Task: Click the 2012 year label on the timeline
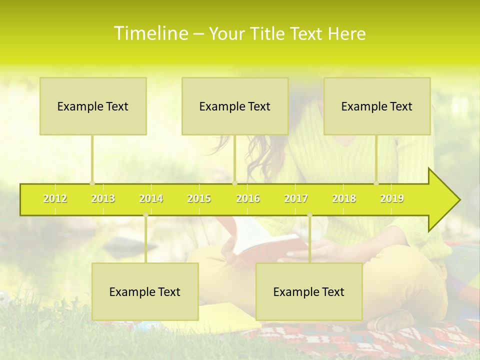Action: (55, 198)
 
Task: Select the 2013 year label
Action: (103, 198)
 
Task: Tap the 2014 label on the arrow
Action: (151, 198)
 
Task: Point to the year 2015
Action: (199, 198)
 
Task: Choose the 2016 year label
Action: (248, 198)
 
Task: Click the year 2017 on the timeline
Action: (296, 198)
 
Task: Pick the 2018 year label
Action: (344, 198)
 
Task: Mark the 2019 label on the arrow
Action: (392, 198)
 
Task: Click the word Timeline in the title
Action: (150, 33)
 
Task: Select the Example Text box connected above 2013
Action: (93, 106)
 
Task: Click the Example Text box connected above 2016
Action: (235, 106)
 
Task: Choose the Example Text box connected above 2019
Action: (377, 106)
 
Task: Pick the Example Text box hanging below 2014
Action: (145, 291)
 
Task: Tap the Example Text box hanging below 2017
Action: (309, 291)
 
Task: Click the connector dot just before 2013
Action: (92, 183)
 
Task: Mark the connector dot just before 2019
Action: (376, 183)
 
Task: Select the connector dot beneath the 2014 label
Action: (145, 215)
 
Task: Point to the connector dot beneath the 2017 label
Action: (309, 215)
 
